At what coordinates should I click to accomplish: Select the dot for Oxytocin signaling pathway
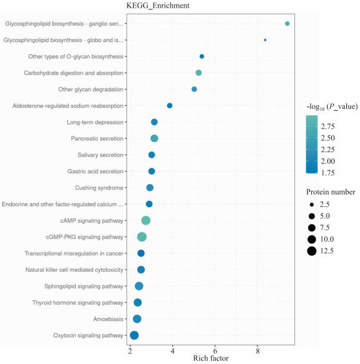click(x=134, y=335)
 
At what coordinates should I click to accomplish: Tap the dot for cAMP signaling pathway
click(x=145, y=220)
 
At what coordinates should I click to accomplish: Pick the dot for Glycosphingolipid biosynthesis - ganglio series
click(x=287, y=24)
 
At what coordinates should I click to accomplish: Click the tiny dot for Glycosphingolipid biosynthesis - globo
click(x=265, y=40)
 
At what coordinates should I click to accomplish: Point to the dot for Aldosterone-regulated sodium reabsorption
click(x=170, y=105)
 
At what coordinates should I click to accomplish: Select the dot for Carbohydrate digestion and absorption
click(x=198, y=73)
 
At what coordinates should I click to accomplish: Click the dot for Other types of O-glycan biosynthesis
click(x=201, y=57)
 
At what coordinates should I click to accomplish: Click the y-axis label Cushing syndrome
click(x=99, y=188)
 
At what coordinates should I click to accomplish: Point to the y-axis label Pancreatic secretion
click(x=97, y=139)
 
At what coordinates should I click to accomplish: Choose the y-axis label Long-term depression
click(x=95, y=122)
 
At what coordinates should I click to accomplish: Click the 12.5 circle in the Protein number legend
click(x=312, y=251)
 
